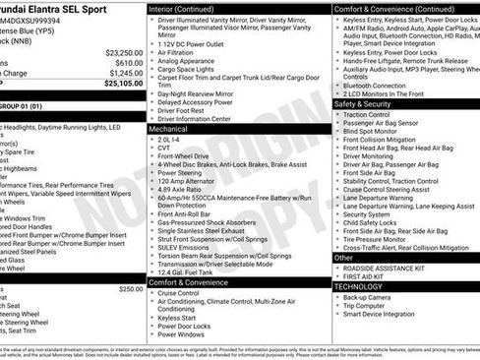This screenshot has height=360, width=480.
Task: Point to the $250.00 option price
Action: pos(130,288)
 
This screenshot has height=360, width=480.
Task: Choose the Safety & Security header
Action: pos(362,103)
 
